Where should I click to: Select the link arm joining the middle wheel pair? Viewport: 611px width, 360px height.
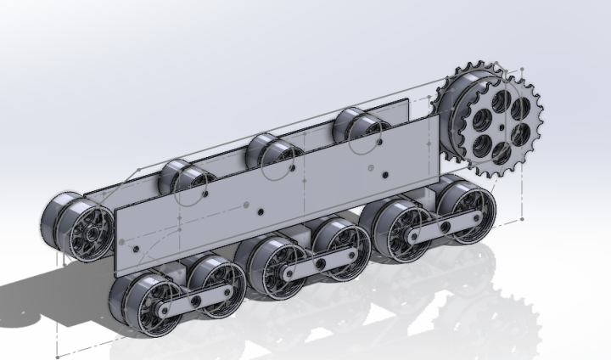coord(321,264)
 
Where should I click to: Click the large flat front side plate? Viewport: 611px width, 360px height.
coord(280,195)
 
